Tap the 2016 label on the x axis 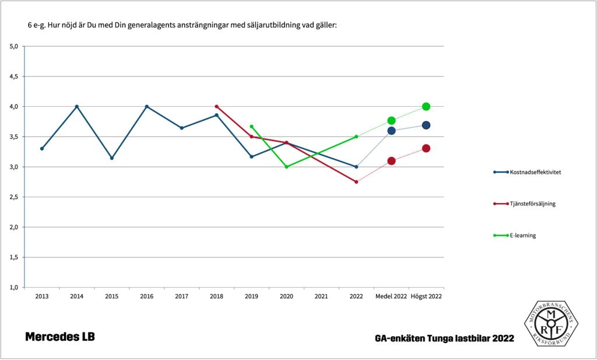[x=146, y=296]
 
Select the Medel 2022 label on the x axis [x=391, y=296]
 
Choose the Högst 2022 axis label [x=426, y=296]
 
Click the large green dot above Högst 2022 [x=426, y=106]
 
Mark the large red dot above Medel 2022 [x=391, y=160]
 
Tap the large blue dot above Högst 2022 [x=426, y=125]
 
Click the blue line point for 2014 [x=76, y=106]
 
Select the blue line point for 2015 [x=111, y=158]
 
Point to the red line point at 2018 [x=216, y=106]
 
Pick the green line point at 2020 [x=286, y=167]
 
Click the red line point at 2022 [x=356, y=182]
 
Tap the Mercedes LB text [x=59, y=337]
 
